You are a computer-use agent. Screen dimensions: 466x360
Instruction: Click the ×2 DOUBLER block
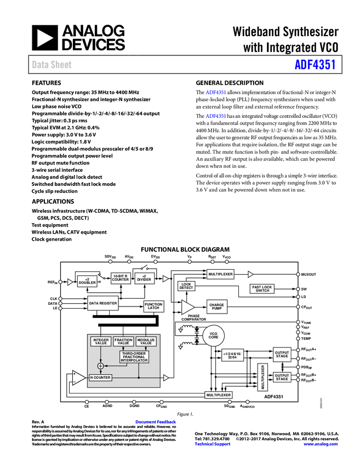point(87,281)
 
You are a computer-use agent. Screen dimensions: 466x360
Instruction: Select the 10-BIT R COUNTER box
point(121,278)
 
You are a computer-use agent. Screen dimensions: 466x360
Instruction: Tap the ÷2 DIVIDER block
point(144,278)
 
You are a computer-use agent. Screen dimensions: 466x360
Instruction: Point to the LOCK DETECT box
point(186,286)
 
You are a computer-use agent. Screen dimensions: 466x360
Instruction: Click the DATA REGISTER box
point(103,303)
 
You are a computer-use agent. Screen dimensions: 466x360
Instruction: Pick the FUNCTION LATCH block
point(154,306)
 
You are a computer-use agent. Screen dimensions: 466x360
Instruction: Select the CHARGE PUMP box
point(216,306)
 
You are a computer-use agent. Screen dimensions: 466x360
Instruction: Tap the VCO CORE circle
point(214,336)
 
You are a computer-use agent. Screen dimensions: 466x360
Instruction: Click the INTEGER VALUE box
point(101,342)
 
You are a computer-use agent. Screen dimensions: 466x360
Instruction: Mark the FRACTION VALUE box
point(123,342)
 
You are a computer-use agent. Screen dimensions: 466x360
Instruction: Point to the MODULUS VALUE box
point(146,342)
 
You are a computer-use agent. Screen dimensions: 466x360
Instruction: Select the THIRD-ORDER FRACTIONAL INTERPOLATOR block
point(134,357)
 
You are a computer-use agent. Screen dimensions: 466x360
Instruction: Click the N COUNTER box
point(100,378)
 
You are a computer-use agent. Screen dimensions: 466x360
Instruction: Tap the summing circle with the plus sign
point(100,366)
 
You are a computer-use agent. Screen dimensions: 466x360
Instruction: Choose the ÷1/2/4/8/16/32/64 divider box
point(233,355)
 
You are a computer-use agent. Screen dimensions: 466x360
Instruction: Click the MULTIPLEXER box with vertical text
point(263,377)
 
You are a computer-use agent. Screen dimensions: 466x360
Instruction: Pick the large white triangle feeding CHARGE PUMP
point(187,307)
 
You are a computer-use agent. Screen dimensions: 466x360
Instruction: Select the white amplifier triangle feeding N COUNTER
point(79,378)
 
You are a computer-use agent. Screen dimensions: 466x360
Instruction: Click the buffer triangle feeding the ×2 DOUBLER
point(70,282)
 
